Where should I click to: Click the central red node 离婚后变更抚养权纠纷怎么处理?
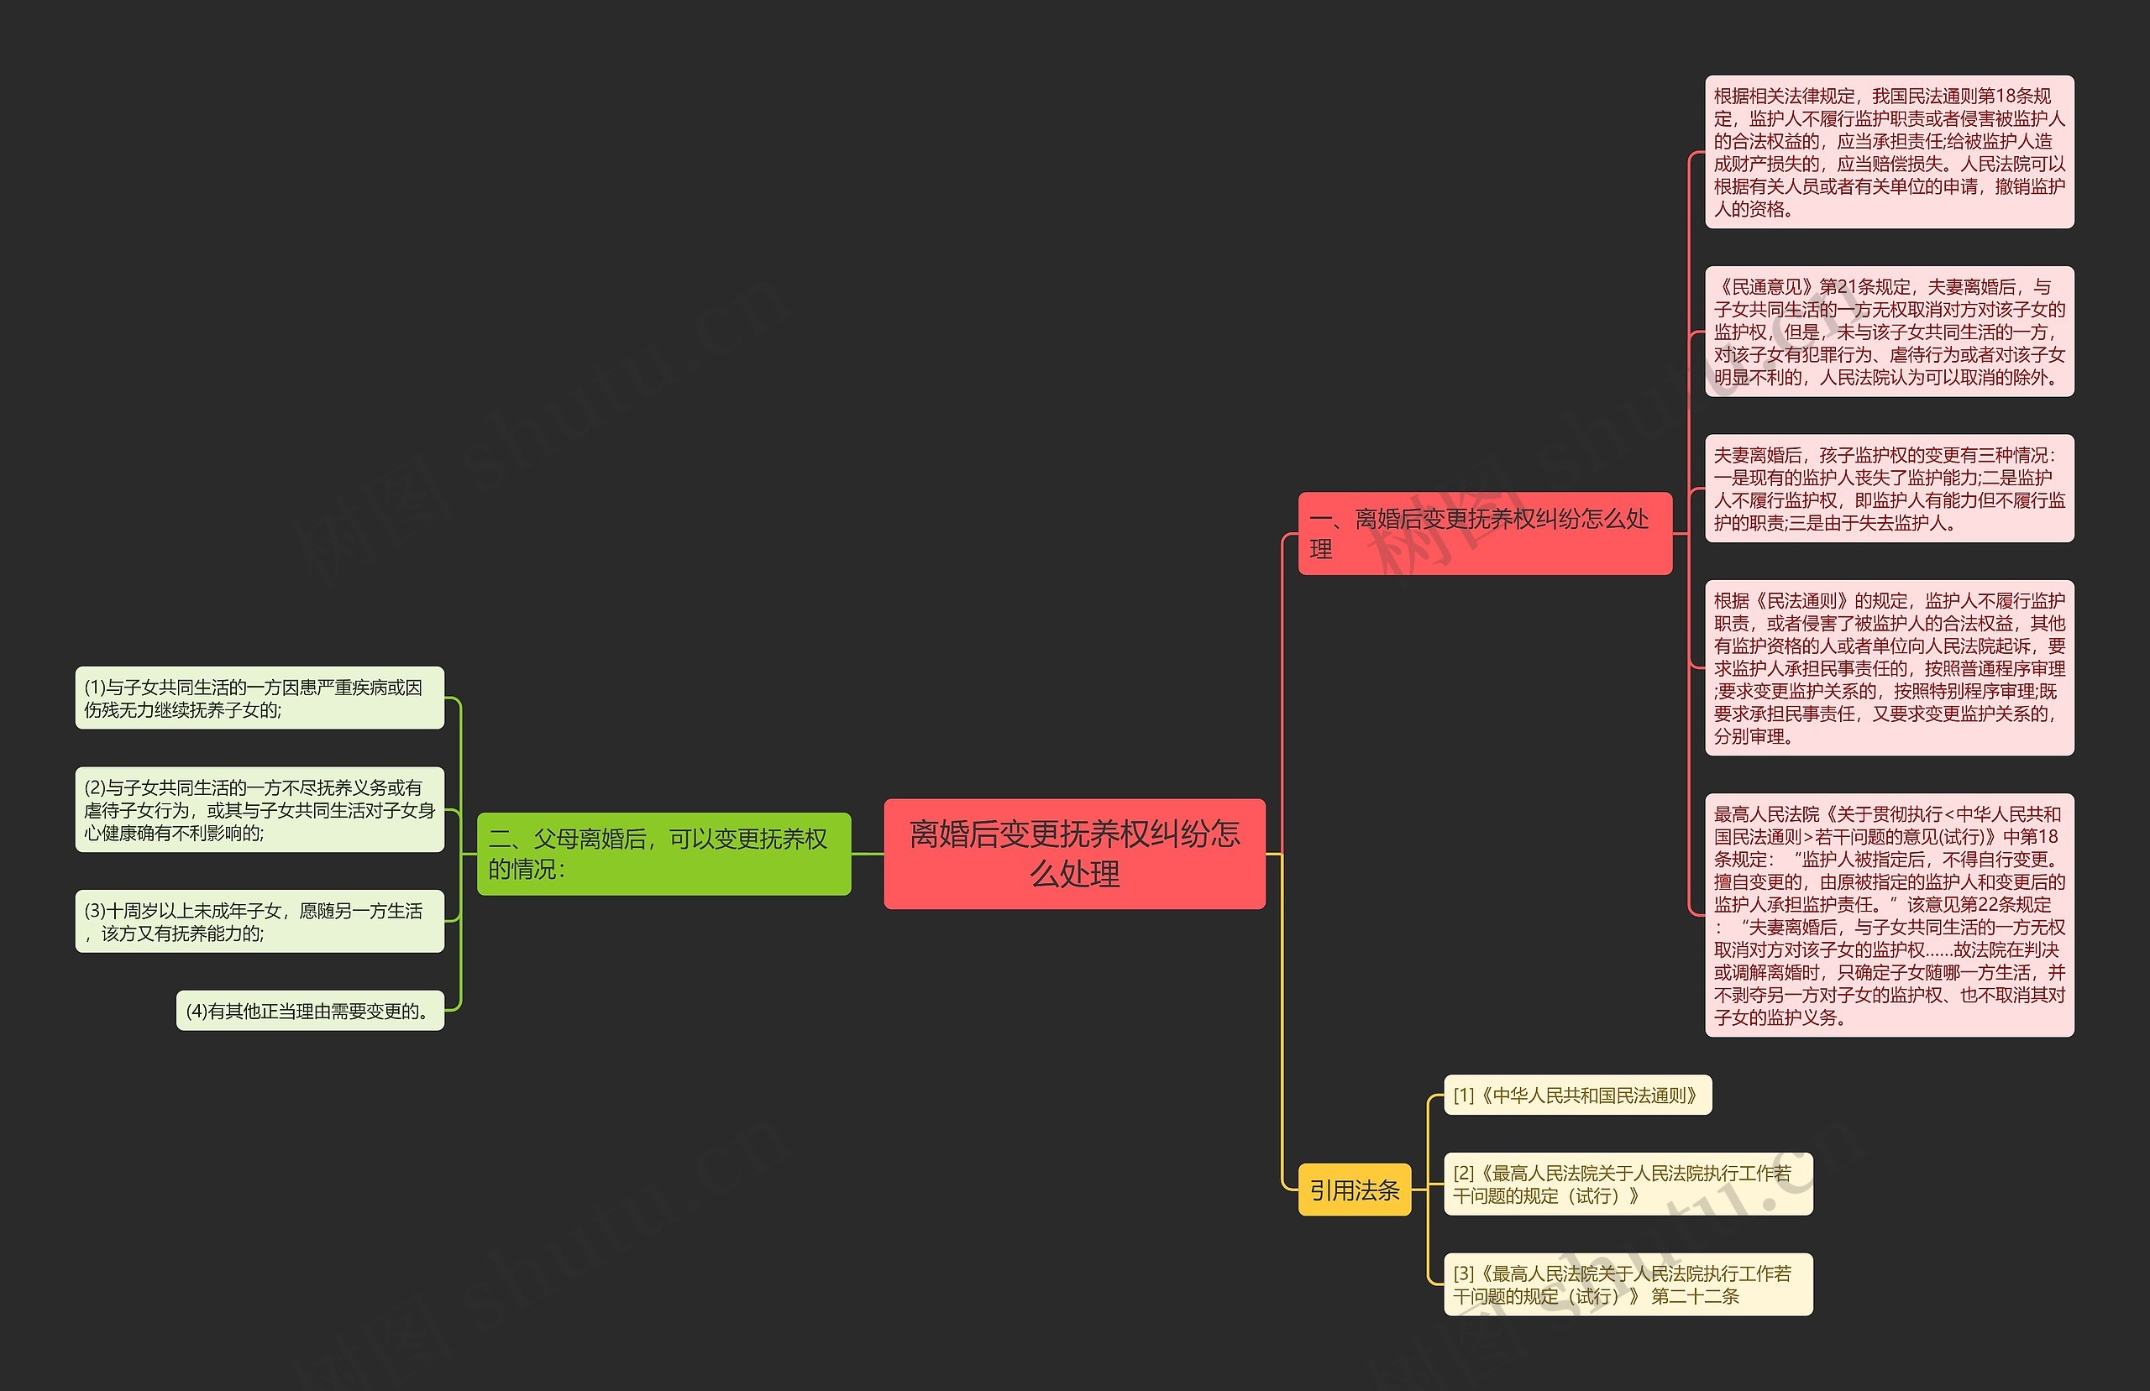point(1074,854)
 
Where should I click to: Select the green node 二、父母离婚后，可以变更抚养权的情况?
point(663,854)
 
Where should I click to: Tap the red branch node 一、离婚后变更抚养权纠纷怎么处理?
point(1484,533)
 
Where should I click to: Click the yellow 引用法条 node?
point(1353,1190)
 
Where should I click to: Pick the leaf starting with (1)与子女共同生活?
point(260,698)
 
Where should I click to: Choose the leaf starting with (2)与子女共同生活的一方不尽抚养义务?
point(260,809)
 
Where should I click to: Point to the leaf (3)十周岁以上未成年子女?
point(260,921)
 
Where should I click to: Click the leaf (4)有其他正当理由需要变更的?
point(310,1011)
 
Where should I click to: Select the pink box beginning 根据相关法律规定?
point(1889,152)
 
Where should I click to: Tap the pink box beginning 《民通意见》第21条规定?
point(1889,332)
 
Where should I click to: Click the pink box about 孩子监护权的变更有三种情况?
point(1889,489)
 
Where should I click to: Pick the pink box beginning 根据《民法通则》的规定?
point(1889,667)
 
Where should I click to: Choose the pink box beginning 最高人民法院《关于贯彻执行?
point(1889,915)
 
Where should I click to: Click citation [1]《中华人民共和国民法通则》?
point(1577,1095)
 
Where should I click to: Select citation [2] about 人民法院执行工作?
point(1628,1184)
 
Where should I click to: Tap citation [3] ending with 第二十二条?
point(1628,1284)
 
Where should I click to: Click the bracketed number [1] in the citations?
point(1464,1096)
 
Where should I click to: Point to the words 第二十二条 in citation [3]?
point(1695,1296)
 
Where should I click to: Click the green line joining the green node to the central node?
point(868,854)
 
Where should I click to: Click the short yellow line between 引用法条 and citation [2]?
point(1427,1190)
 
